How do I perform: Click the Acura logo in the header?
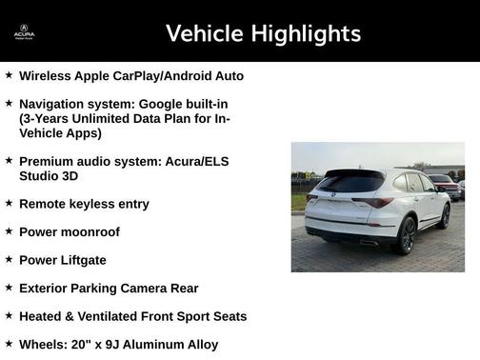point(24,32)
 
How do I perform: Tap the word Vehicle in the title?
point(204,34)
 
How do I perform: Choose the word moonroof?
point(90,232)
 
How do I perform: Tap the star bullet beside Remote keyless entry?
point(9,203)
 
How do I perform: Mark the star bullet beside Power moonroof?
point(9,231)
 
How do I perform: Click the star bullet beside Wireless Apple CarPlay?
point(9,74)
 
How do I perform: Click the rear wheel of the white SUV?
point(408,236)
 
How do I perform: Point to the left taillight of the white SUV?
point(312,198)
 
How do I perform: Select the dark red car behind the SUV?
point(444,185)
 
